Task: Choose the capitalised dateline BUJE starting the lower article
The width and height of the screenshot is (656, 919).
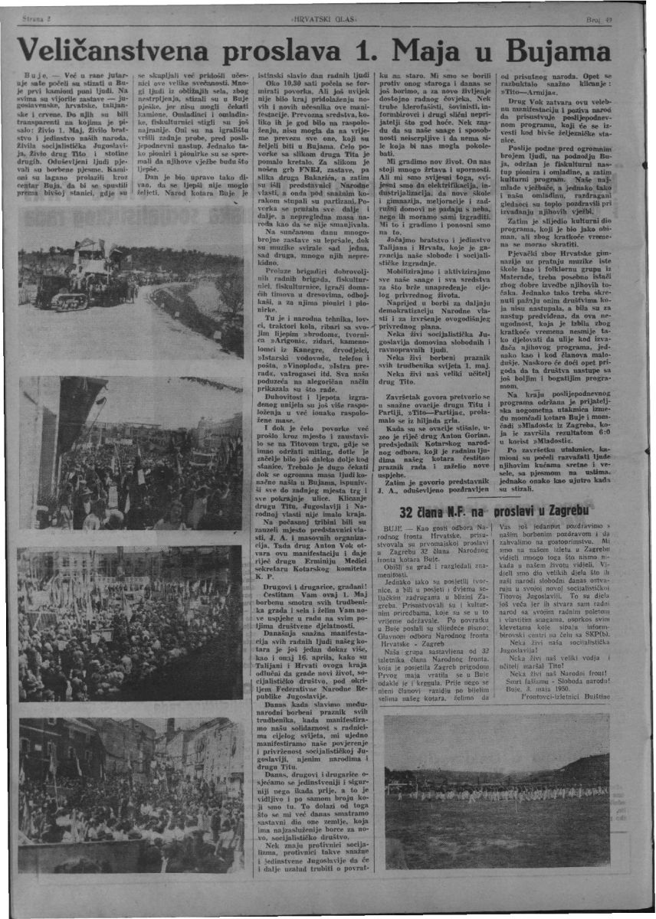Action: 400,529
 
